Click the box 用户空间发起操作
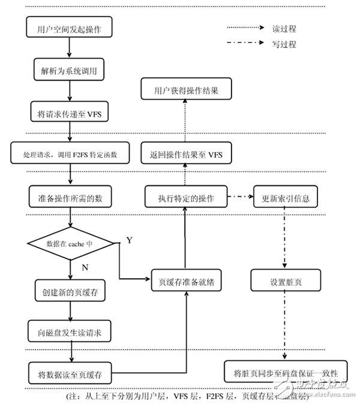70,28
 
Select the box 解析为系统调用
70,70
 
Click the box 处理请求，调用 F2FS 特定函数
70,154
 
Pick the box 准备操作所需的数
70,196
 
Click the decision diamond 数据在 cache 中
70,244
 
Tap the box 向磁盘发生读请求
70,331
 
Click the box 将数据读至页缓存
70,375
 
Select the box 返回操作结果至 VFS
187,154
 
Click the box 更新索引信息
286,197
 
